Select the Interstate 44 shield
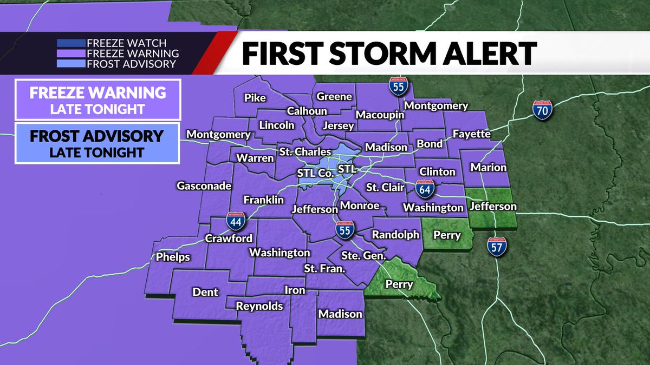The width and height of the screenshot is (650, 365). click(x=236, y=221)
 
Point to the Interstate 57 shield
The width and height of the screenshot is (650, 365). click(x=494, y=246)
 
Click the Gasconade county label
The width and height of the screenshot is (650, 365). click(x=204, y=186)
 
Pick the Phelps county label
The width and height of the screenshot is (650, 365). click(x=173, y=256)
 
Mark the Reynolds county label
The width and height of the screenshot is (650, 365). click(x=259, y=306)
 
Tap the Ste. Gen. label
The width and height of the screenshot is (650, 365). click(x=363, y=255)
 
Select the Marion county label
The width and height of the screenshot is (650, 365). click(x=488, y=167)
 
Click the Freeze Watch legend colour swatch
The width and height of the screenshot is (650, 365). click(x=70, y=43)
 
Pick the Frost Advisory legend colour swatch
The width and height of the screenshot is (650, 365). click(x=70, y=64)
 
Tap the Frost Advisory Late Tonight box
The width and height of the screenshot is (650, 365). click(x=97, y=143)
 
